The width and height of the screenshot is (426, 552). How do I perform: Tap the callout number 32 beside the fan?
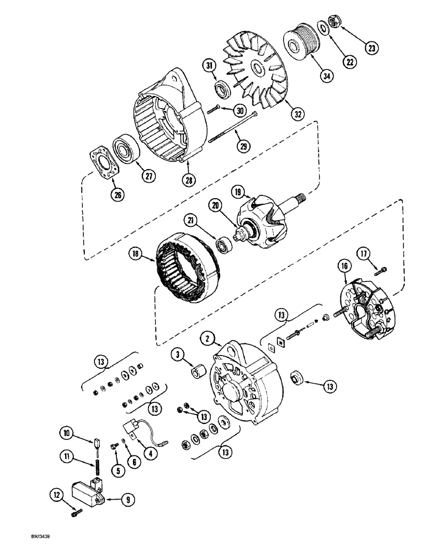click(299, 115)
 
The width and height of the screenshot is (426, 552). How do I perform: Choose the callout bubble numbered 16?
click(344, 267)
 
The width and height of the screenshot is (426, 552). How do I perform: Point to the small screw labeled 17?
click(381, 270)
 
